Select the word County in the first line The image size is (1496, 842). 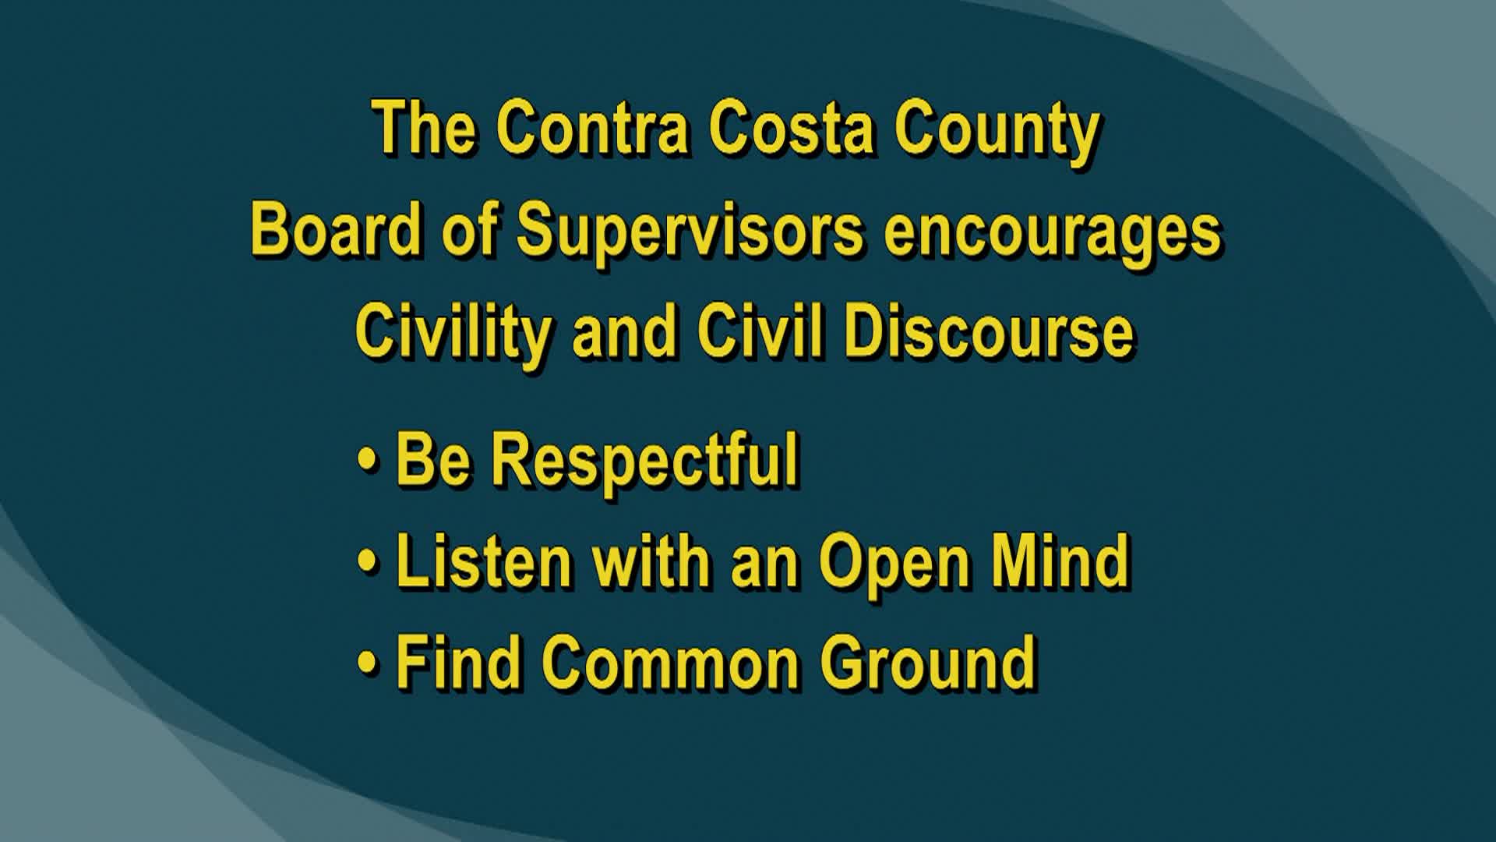[x=997, y=131]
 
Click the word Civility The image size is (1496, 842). [x=453, y=333]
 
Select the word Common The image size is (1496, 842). [x=671, y=663]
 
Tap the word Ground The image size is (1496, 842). [x=928, y=663]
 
